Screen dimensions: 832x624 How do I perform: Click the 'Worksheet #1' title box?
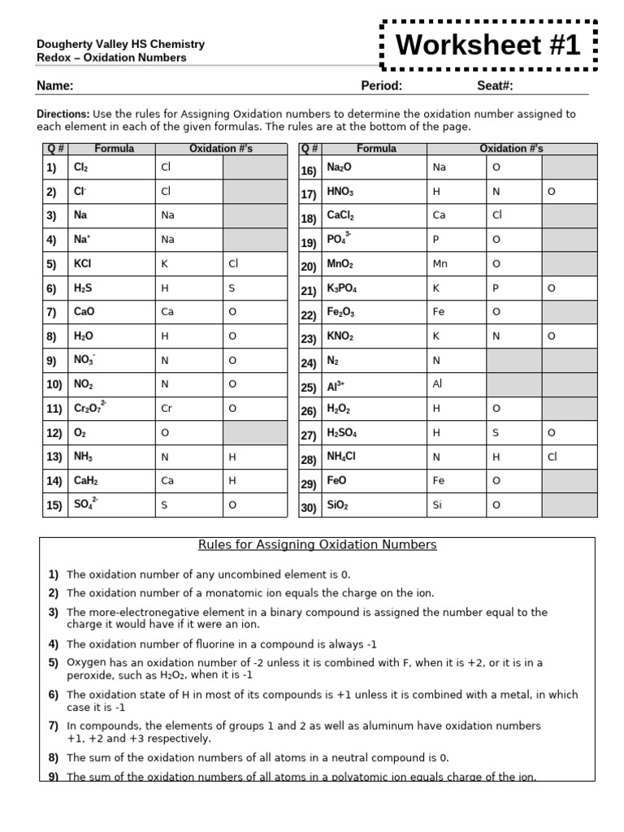488,46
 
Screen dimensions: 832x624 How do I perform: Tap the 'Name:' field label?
55,86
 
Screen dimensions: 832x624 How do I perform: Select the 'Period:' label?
381,86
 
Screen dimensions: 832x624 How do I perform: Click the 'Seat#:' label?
495,86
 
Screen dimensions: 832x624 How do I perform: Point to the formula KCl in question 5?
83,263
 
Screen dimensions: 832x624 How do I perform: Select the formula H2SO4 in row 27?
341,434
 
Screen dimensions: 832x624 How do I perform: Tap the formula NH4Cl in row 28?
341,457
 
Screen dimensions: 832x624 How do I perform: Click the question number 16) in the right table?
309,171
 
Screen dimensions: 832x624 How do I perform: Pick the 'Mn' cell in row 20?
440,264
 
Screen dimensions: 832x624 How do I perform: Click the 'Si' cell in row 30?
438,505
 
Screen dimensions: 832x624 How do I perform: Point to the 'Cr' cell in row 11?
167,409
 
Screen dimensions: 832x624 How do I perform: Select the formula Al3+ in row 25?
336,387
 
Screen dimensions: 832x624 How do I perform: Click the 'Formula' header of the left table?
114,149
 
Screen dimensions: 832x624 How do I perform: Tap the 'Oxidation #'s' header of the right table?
511,149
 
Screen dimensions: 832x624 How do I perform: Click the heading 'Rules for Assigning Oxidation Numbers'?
318,544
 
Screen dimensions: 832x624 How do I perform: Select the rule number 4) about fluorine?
54,644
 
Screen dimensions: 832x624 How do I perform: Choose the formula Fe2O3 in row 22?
340,312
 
